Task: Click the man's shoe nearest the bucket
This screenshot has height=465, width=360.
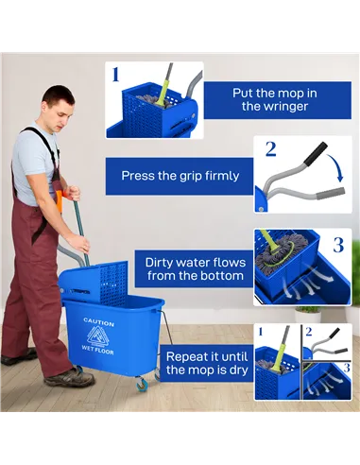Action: point(69,377)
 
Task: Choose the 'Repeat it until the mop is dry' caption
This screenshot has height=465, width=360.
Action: point(202,363)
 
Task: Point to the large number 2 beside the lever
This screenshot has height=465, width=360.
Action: point(270,149)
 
